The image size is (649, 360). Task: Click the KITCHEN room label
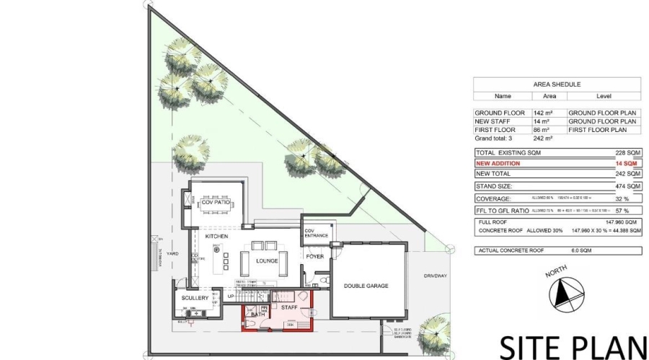coord(216,237)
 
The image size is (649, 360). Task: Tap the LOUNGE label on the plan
coord(266,260)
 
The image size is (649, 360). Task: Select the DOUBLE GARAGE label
coord(366,286)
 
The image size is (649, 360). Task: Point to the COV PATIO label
coord(216,203)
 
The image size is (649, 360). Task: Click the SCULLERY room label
coord(195,298)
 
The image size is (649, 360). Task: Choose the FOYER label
coord(315,256)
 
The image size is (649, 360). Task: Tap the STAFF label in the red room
coord(289,307)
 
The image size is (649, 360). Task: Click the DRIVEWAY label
coord(436,276)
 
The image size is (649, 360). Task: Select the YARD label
coord(172,254)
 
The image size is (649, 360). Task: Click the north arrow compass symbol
coord(565,294)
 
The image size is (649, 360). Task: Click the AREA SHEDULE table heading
coord(556,84)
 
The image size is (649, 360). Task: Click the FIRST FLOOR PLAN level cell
coord(602,129)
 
